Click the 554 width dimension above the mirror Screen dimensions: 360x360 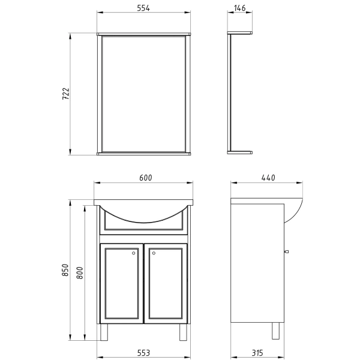pos(142,8)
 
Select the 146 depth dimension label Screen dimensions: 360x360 pos(240,8)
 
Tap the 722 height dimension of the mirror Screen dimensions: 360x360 pos(67,94)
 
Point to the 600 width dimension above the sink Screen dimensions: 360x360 pos(145,178)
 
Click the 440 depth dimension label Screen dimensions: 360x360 pos(268,178)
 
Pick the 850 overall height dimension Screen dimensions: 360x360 pos(66,271)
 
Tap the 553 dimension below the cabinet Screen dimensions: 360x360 pos(143,352)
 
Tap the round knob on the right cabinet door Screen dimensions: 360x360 pos(154,253)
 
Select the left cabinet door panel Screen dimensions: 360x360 pos(122,283)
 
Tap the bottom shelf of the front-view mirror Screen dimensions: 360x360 pos(144,153)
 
